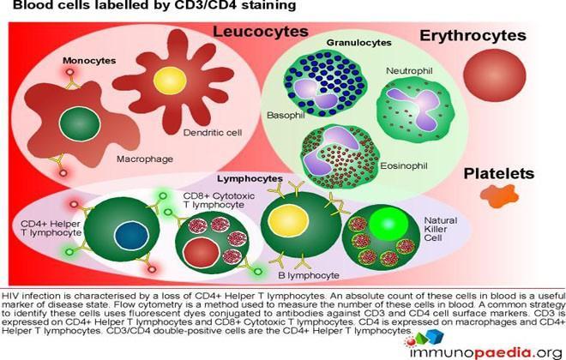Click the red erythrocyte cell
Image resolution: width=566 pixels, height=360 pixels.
pos(495,75)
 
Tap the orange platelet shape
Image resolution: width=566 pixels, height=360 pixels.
pos(499,196)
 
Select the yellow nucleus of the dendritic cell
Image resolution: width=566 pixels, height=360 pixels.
pos(170,81)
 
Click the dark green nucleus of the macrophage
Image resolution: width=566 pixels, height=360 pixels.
pos(80,123)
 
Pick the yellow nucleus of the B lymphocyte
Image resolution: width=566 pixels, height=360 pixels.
pos(288,220)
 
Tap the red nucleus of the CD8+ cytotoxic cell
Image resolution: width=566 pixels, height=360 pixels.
pos(201,253)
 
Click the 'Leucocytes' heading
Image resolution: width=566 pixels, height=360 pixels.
pos(260,32)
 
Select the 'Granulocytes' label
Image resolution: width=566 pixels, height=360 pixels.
pos(358,43)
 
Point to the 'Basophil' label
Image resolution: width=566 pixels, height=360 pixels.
pos(286,116)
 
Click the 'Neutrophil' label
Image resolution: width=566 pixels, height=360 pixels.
pos(409,70)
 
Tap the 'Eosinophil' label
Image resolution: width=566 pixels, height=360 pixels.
pos(404,166)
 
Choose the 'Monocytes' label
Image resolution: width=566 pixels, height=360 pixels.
pos(89,61)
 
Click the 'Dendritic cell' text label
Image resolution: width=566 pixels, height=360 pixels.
pos(213,133)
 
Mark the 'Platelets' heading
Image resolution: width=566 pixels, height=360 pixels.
pos(499,173)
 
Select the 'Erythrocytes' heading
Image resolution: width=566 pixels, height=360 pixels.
pos(473,36)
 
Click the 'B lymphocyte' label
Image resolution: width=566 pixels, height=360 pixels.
pos(309,276)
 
